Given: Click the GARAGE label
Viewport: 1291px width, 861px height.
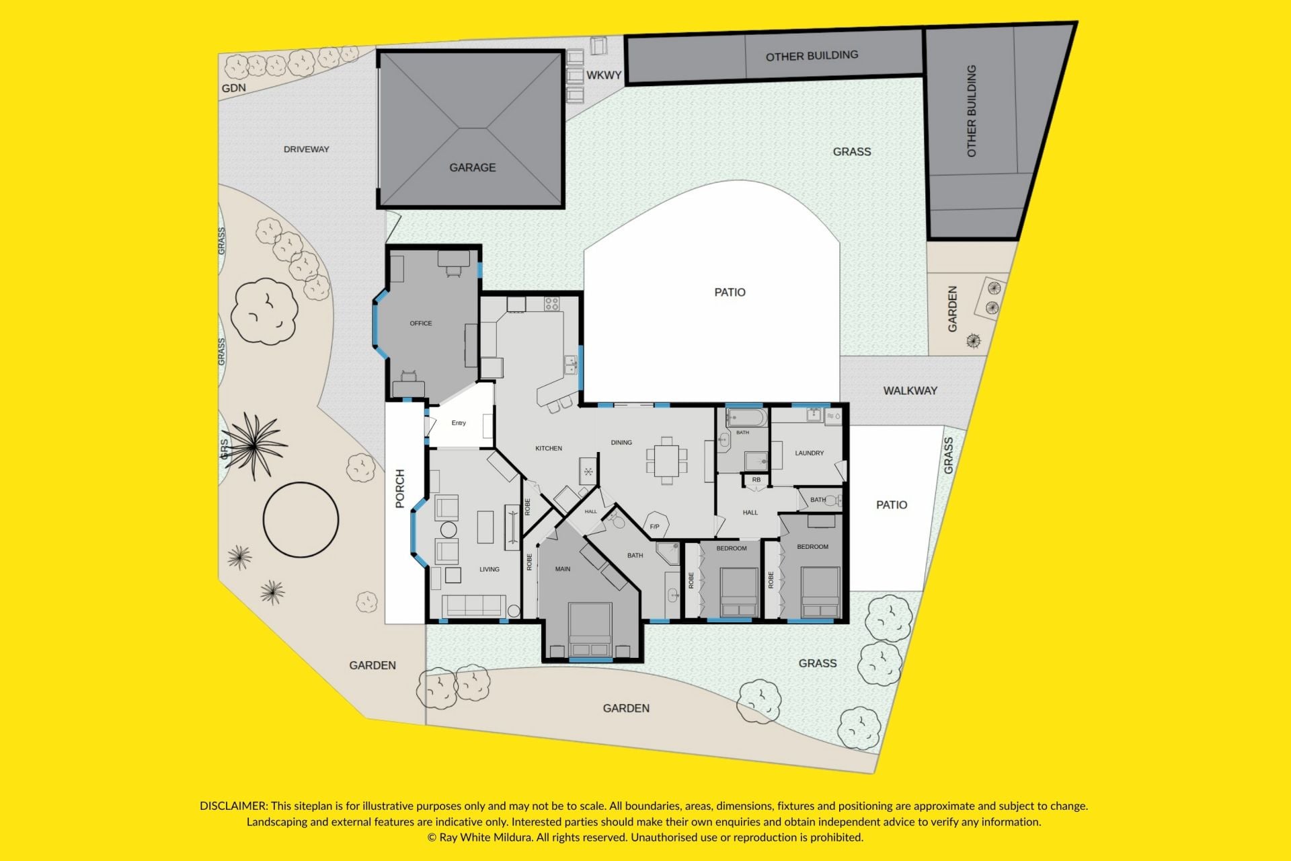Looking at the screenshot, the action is pos(473,167).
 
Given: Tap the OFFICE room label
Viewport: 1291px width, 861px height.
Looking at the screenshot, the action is pos(421,324).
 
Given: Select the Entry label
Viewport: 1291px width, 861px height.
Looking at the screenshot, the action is pos(459,423).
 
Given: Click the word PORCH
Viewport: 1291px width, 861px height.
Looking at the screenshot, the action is pos(400,488).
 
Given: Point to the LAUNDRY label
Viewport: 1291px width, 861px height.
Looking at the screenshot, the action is pos(810,453).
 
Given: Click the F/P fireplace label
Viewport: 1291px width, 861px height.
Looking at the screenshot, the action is pos(654,527).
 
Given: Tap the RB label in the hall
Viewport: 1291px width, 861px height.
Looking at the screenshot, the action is pos(756,480).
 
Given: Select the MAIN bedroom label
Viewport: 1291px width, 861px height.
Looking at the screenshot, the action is pos(563,569).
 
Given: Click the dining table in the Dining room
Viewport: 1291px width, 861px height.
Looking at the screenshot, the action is pos(667,461).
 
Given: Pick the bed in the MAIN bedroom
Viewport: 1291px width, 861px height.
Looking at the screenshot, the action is pos(590,630).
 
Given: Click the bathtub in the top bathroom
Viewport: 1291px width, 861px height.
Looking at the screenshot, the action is pos(746,418).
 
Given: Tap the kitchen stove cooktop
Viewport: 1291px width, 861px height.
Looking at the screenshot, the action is pos(552,304).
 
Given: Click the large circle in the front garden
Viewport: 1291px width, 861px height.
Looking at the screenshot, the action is pos(301,520).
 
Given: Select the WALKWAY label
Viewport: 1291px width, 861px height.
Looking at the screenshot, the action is pos(910,391).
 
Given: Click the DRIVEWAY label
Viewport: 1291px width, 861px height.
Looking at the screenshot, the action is pos(307,149).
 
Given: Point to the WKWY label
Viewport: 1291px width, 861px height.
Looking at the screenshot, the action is pos(604,75).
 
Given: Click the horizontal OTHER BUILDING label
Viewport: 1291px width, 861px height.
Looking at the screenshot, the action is pos(812,56).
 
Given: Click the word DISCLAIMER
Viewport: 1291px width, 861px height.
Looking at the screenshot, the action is pos(234,806).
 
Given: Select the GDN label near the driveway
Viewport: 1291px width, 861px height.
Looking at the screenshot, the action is pos(234,88).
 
